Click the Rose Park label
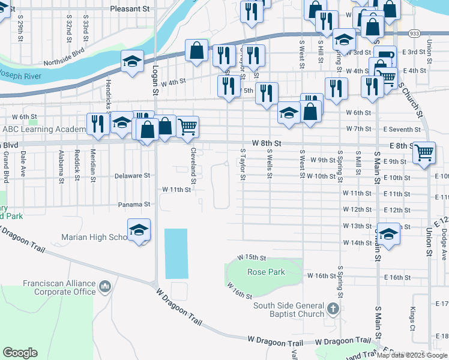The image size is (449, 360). pos(266,272)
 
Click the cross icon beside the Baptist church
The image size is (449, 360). pos(334,310)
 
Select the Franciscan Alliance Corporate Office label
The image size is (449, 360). pos(59,287)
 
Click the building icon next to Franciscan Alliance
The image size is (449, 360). pos(106,287)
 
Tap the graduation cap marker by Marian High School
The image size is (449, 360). pos(139,230)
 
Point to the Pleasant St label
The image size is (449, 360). pos(130,9)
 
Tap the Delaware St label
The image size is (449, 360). pos(132,176)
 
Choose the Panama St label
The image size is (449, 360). pos(134,204)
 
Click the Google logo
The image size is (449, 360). pos(20,352)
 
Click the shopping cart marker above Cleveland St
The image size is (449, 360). pos(188,126)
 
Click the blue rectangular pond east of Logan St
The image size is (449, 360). pos(176,253)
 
